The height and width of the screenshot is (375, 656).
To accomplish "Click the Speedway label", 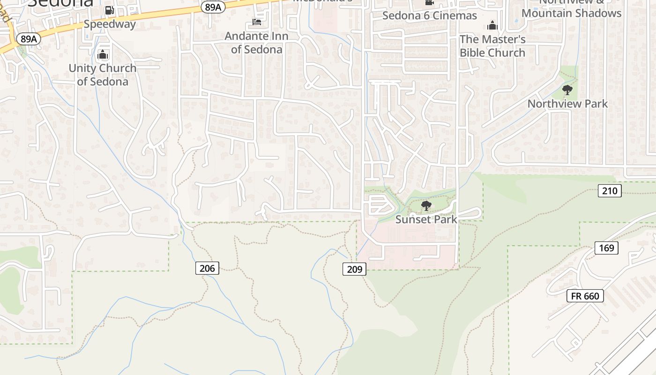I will pos(110,24).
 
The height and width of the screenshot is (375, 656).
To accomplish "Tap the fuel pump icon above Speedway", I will pos(110,10).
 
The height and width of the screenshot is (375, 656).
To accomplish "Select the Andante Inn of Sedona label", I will pos(256,43).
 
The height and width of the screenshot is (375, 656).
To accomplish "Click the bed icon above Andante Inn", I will pos(256,22).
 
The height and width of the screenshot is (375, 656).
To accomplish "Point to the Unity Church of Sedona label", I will pos(103,75).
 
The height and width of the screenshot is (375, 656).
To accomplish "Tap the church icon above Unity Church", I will pos(103,55).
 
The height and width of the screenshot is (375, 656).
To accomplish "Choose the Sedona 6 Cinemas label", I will pos(429,15).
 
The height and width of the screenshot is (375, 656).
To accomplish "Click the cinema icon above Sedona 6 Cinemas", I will pos(429,2).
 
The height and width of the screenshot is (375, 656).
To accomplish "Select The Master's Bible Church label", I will pos(492,46).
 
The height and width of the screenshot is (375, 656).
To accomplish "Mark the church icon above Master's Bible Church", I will pos(492,25).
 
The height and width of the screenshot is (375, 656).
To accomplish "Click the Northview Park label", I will pos(567,104).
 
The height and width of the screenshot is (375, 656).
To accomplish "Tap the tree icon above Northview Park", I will pos(567,90).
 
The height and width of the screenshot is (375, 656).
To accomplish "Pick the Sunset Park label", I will pos(426,219).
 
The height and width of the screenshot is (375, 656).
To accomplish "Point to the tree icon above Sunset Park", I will pos(426,205).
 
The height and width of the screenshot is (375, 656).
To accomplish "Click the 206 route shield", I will pos(207,268).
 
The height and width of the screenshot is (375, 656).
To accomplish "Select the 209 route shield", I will pos(354,269).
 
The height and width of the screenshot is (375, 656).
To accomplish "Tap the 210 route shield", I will pos(610,191).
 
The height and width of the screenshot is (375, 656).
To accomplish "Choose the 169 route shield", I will pos(606,248).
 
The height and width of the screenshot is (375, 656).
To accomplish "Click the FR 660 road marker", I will pos(585,296).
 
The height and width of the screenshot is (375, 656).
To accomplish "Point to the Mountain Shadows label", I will pos(571,13).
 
